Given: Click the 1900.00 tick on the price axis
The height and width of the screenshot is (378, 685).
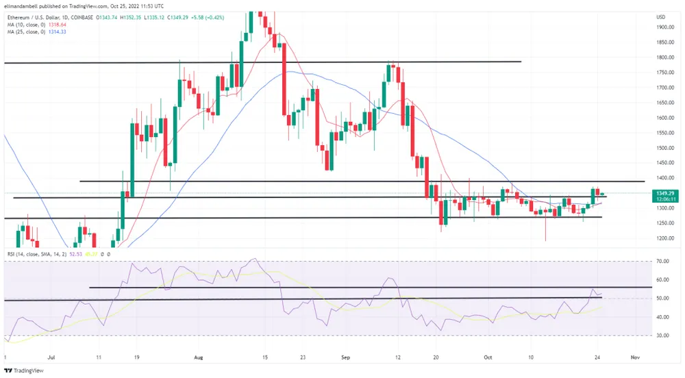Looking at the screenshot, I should point(664,27).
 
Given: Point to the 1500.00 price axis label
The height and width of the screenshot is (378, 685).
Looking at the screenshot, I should point(664,147).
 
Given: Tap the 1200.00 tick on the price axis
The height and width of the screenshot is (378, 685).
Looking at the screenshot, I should point(664,238).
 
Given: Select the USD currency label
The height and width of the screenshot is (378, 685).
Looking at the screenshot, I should point(661,16).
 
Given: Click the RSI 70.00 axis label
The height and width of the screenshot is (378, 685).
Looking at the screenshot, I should point(662,262).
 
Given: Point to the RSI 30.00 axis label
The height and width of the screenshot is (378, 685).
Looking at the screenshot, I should point(662,336).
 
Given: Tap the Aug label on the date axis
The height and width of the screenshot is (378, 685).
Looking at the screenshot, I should point(199,357).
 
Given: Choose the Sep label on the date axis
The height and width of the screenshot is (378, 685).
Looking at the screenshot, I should point(346,357).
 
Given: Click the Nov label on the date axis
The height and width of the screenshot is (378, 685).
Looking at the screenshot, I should point(635,357).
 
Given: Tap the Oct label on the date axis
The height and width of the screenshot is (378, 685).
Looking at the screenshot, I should point(487,357).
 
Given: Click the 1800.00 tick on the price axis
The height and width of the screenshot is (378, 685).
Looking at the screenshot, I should point(664,58).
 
